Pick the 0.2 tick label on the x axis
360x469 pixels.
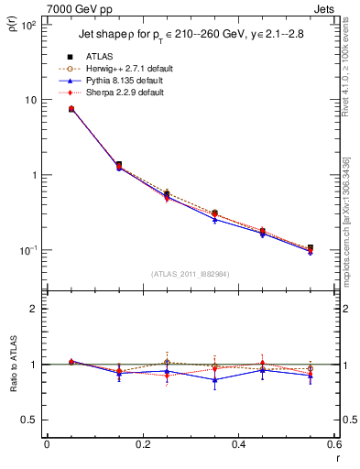pyautogui.click(x=142, y=444)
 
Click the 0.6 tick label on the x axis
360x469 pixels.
pyautogui.click(x=334, y=444)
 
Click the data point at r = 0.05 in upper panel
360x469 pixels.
pyautogui.click(x=71, y=109)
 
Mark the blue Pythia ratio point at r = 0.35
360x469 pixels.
pyautogui.click(x=214, y=379)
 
